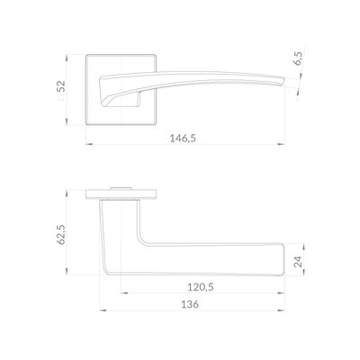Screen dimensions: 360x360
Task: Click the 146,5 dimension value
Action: tap(183, 139)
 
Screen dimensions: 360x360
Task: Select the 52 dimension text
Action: tap(61, 86)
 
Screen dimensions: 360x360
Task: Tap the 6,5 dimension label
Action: tap(299, 58)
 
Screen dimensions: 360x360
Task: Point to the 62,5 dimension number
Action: tap(61, 234)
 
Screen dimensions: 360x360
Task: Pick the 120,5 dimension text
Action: tap(201, 287)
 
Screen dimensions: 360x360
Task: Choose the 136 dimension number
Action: tap(190, 304)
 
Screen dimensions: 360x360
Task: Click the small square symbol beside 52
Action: tap(61, 97)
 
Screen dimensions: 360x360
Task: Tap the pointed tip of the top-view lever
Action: tap(283, 79)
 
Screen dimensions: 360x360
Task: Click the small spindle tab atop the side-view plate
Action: tap(121, 188)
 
